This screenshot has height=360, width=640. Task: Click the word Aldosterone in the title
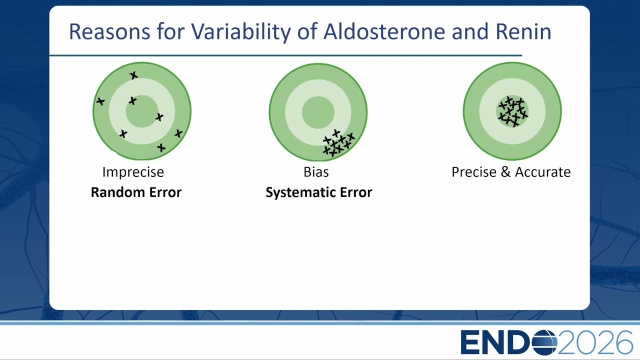(x=384, y=31)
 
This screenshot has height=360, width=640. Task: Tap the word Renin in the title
(x=523, y=31)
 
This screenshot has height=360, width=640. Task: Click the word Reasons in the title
(x=109, y=31)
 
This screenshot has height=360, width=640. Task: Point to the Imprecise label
(x=133, y=172)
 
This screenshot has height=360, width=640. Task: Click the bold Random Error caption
(x=136, y=192)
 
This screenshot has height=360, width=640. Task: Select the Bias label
(x=316, y=172)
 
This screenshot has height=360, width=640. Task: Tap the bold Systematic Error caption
(x=319, y=192)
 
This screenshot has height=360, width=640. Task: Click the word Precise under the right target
(x=474, y=172)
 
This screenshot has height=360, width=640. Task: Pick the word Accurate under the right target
(x=543, y=172)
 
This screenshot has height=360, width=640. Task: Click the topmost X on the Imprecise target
(x=133, y=75)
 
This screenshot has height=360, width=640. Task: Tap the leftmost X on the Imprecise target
(x=100, y=101)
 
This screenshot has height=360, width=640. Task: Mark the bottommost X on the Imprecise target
(x=161, y=147)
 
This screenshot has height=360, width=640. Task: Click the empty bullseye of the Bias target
(x=318, y=112)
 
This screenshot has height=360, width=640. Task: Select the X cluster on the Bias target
(x=339, y=143)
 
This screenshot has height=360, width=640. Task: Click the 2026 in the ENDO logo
(x=595, y=342)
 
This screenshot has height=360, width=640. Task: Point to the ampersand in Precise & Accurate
(x=505, y=172)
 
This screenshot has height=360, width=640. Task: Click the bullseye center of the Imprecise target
(x=142, y=111)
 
